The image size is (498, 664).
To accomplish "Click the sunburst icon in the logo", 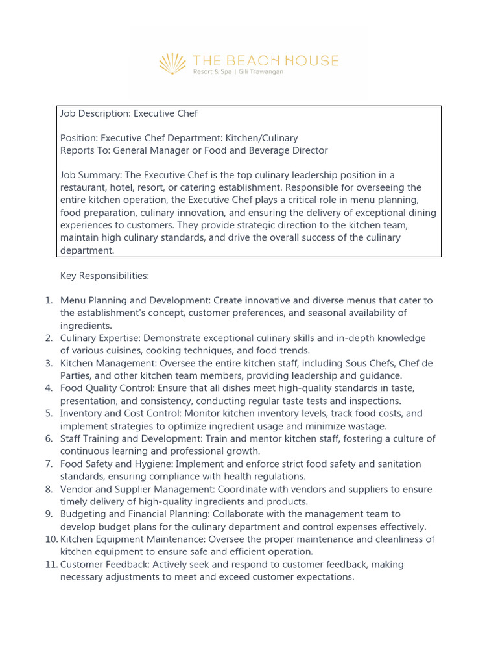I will tap(172, 64).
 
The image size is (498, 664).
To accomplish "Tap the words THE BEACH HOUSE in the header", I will tap(265, 61).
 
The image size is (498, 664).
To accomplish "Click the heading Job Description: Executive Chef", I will tap(129, 113).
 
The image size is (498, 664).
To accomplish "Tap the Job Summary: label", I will tap(91, 175).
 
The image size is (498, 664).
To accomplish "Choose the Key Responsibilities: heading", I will tap(104, 276).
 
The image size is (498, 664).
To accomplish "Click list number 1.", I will tap(49, 301).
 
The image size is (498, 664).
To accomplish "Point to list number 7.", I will tap(49, 464).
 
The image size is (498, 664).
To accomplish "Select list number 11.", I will tap(51, 565).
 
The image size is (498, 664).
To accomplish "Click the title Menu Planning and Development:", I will tap(136, 301).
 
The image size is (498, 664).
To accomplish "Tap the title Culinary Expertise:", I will tap(101, 338).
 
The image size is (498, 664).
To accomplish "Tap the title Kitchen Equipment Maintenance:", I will tap(134, 539).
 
